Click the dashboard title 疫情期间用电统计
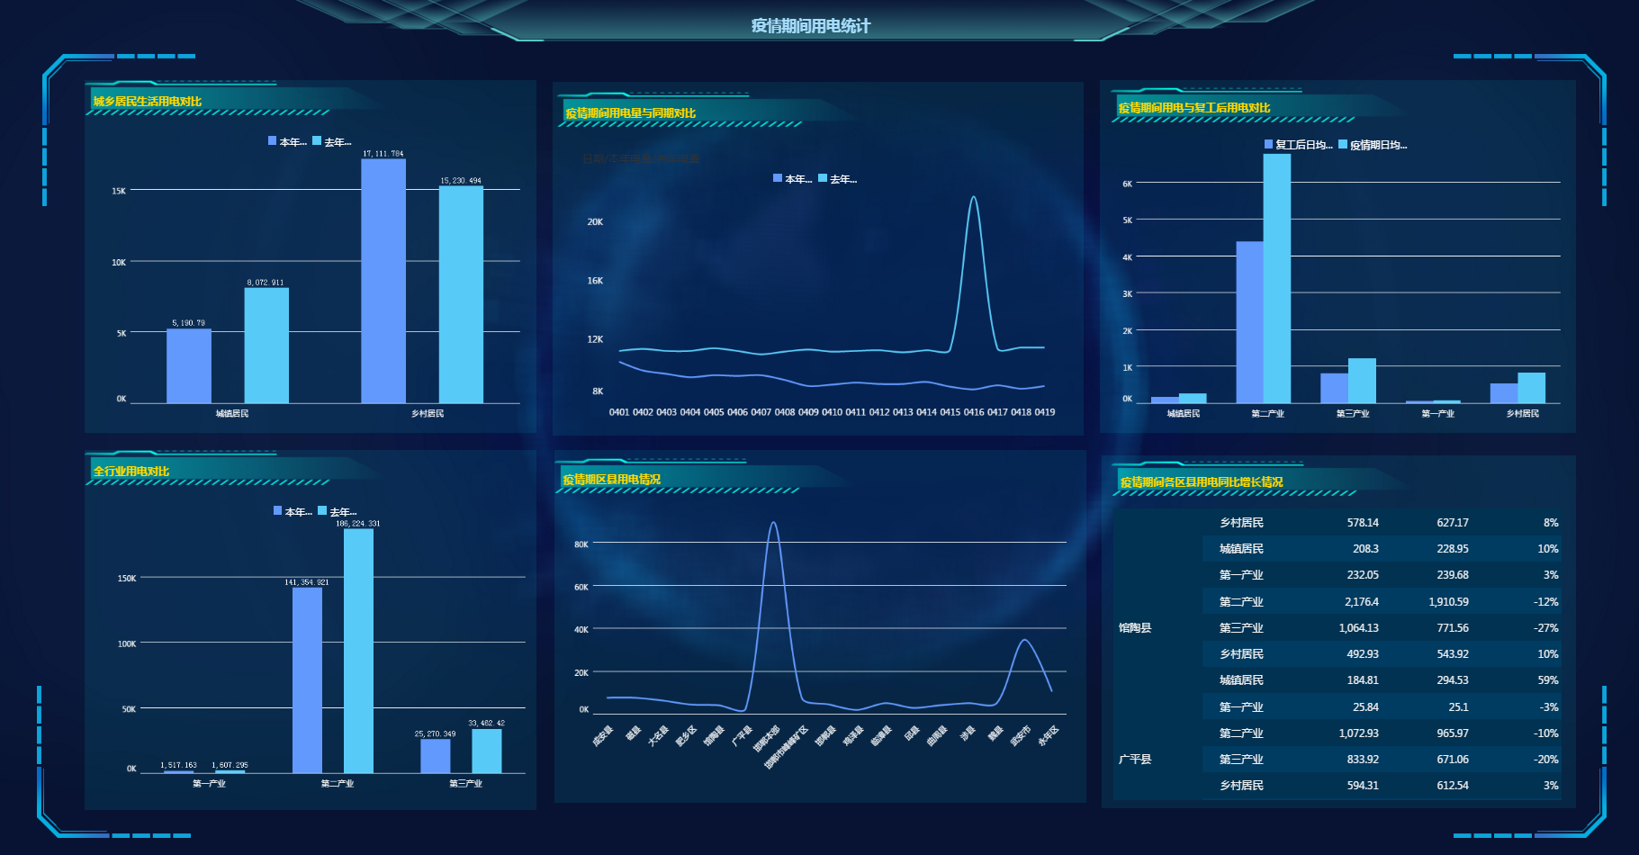coord(810,26)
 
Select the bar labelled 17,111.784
coord(383,281)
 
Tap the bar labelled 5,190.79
coord(189,365)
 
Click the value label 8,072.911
coord(266,283)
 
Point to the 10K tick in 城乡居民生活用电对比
coord(119,262)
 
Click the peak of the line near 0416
coord(974,198)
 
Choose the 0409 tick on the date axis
coord(808,412)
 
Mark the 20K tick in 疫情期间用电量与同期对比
coord(595,221)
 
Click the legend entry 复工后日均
coord(1298,145)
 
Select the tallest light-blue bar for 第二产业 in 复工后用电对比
coord(1276,278)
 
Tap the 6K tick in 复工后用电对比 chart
coord(1127,184)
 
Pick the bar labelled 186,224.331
coord(358,650)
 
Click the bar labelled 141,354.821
coord(307,679)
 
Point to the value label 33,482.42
coord(486,723)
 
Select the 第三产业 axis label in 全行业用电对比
coord(465,784)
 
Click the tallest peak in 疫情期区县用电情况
coord(773,523)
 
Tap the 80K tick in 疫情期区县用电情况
coord(581,544)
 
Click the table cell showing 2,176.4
coord(1361,602)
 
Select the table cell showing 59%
coord(1547,680)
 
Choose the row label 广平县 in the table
coord(1135,760)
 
